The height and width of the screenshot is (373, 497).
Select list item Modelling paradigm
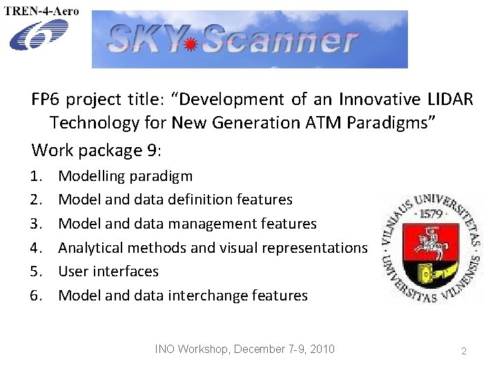[126, 176]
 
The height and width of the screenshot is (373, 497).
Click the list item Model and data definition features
[175, 200]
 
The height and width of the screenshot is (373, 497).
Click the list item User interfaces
[108, 271]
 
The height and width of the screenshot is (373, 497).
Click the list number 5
[36, 271]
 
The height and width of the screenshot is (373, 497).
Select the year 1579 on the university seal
[433, 215]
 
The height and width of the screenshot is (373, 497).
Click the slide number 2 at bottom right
[464, 351]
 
